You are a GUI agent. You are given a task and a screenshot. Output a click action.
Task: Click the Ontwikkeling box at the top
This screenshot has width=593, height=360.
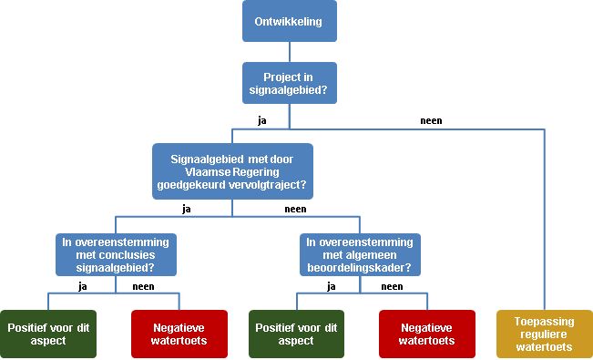click(289, 21)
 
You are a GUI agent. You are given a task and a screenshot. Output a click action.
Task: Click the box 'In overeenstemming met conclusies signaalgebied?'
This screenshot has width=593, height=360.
click(115, 255)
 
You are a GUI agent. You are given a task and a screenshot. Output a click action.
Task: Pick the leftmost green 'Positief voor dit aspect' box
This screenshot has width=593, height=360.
click(48, 334)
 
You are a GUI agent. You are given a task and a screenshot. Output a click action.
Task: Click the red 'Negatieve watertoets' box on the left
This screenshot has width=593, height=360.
click(179, 334)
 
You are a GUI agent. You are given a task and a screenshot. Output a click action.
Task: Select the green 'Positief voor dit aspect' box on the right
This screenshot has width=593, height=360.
click(295, 334)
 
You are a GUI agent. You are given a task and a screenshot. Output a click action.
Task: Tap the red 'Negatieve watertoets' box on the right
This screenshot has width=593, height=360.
click(427, 334)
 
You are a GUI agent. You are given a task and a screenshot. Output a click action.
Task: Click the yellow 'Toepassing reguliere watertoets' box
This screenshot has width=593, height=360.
click(544, 334)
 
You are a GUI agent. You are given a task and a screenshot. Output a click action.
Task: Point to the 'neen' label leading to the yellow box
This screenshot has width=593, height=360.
click(431, 120)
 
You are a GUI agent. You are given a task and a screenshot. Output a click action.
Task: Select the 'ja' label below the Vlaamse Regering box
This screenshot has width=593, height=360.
click(187, 208)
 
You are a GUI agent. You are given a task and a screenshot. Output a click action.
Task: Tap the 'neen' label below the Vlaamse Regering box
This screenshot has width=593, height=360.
click(295, 208)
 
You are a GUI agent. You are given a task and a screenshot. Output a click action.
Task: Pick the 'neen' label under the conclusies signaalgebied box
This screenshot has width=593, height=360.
click(143, 286)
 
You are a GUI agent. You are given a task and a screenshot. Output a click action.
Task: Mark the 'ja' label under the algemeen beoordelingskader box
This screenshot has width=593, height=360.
click(332, 286)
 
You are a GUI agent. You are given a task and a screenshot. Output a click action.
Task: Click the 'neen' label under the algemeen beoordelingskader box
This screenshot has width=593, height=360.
click(391, 286)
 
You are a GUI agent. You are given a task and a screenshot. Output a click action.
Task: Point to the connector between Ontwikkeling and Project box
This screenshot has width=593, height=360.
click(289, 52)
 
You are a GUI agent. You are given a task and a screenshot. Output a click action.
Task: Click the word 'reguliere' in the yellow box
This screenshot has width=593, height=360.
click(544, 334)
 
